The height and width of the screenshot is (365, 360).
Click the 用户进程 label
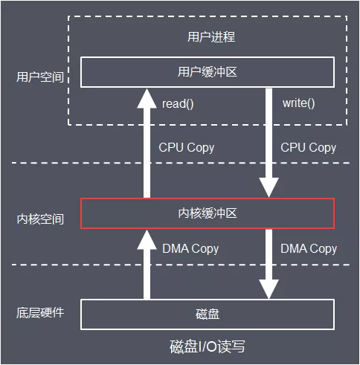coord(208,36)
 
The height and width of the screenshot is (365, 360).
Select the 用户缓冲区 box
coord(208,72)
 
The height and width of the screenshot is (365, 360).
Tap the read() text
coord(178,103)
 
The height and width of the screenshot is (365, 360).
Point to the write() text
coord(298,103)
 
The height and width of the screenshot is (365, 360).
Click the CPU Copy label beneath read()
coord(187,147)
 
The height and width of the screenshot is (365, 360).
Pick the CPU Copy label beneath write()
coord(308,147)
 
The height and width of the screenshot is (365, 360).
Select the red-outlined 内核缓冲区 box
coord(208,214)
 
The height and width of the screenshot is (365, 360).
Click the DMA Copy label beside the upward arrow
coord(190,248)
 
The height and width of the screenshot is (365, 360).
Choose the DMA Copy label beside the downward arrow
coord(309,248)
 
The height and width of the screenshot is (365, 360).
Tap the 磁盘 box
coord(208,314)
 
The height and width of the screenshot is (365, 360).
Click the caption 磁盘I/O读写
coord(208,347)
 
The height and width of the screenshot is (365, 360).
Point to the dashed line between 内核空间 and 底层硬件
coord(45,265)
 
